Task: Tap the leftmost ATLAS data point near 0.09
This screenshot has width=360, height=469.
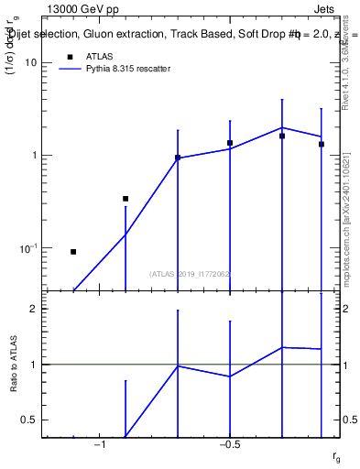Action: point(73,251)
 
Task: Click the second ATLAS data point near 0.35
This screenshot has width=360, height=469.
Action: point(125,198)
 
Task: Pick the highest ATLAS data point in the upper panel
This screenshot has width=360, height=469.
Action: point(282,136)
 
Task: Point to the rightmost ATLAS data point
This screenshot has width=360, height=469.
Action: point(322,144)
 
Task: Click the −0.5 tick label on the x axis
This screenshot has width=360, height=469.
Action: point(230,445)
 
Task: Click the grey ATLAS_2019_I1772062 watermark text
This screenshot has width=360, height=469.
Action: point(191,273)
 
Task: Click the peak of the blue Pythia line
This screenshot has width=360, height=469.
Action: point(282,127)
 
